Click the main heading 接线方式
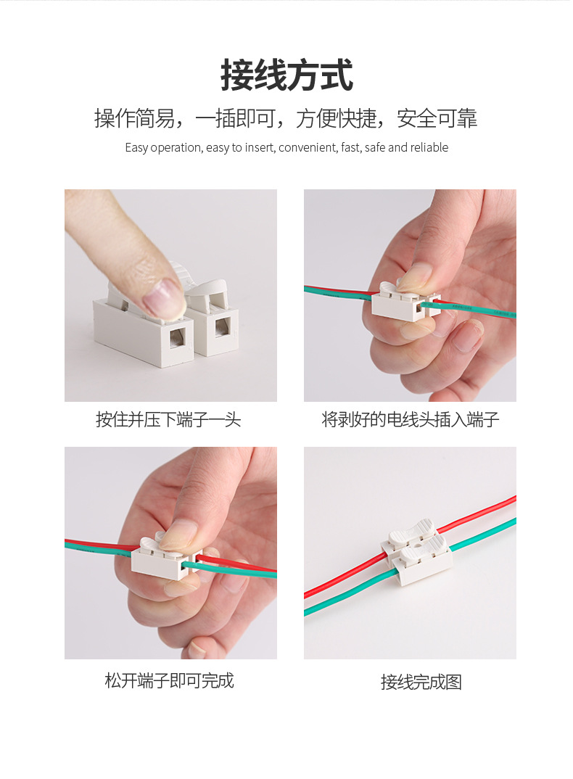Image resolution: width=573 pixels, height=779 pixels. pyautogui.click(x=286, y=76)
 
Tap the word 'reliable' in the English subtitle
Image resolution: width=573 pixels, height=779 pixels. pyautogui.click(x=429, y=148)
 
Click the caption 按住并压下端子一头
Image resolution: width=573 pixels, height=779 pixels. pyautogui.click(x=168, y=419)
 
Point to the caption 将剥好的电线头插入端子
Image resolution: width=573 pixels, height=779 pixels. pyautogui.click(x=411, y=419)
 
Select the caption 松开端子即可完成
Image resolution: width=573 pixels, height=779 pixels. pyautogui.click(x=169, y=680)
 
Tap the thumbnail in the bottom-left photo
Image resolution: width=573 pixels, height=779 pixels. pyautogui.click(x=176, y=536)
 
